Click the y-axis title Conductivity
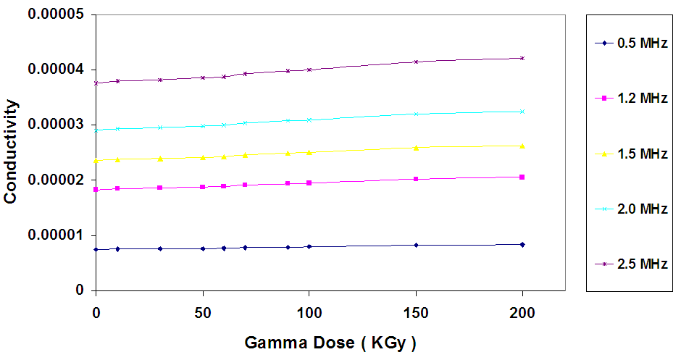pos(11,151)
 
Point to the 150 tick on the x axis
pos(416,313)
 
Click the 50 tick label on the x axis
pos(202,313)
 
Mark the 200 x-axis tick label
pos(522,313)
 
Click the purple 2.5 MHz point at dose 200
pos(522,58)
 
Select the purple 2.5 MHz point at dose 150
pos(416,62)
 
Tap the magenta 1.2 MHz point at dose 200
pos(522,177)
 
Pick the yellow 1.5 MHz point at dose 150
pos(416,148)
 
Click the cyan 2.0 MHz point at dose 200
pos(522,112)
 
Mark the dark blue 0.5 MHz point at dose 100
pos(309,246)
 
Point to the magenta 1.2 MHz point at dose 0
pos(96,190)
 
